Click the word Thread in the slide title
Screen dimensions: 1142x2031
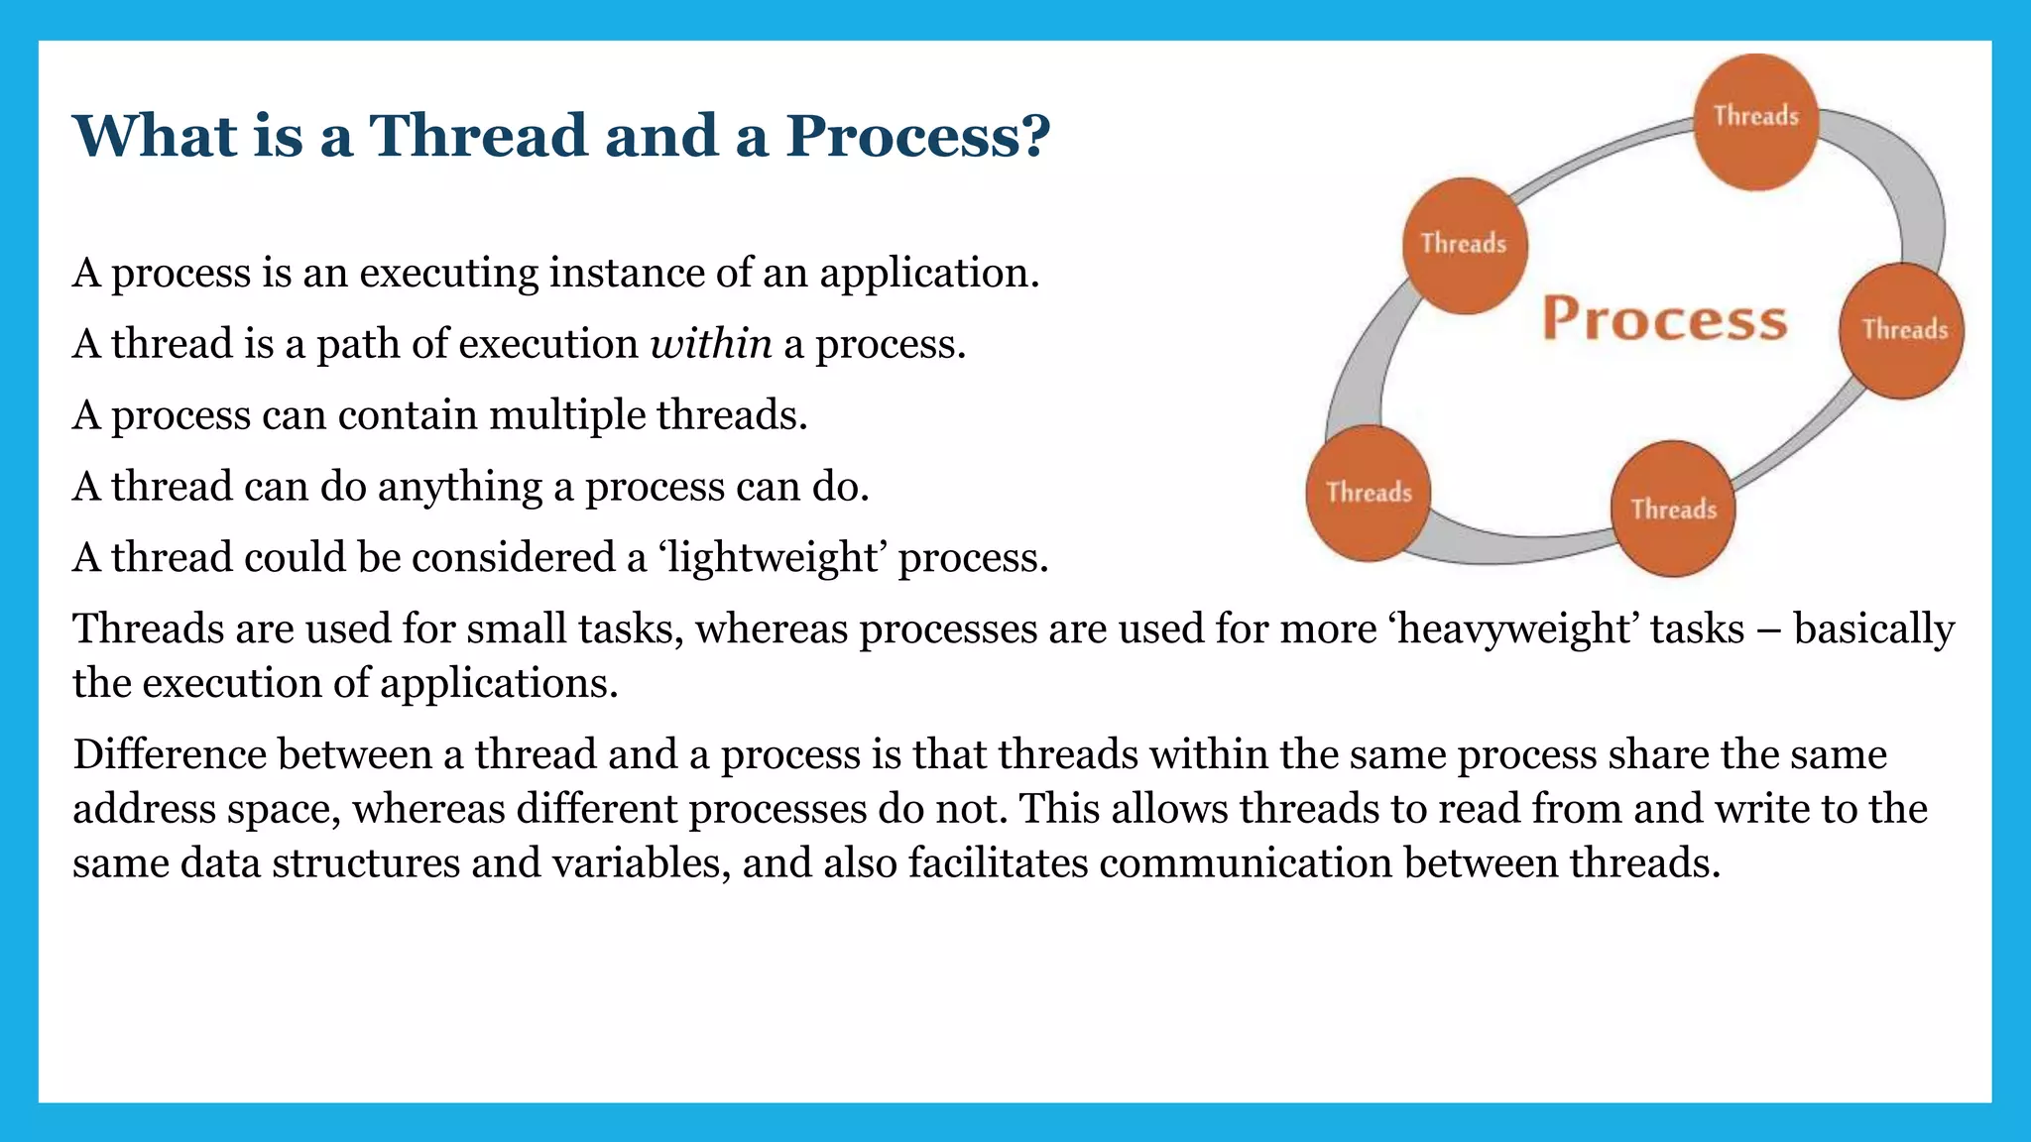point(478,135)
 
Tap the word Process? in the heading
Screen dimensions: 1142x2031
point(917,135)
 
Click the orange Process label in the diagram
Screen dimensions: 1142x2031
point(1665,319)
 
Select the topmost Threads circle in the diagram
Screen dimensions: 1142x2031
point(1755,121)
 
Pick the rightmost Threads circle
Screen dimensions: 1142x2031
point(1901,331)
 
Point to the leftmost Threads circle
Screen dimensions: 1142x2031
point(1369,493)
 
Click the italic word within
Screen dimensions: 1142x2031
point(711,344)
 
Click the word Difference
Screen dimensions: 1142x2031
point(170,754)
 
